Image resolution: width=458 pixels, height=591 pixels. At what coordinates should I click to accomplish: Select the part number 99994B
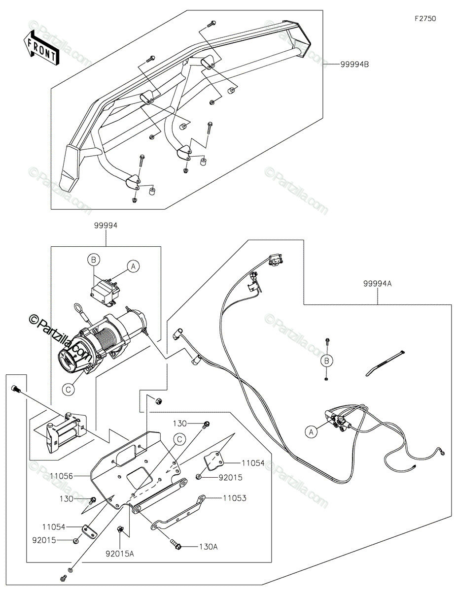pyautogui.click(x=354, y=65)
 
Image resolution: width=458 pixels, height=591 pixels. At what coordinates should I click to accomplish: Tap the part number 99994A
pyautogui.click(x=378, y=283)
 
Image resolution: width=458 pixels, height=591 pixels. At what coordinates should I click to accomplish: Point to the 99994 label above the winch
pyautogui.click(x=106, y=226)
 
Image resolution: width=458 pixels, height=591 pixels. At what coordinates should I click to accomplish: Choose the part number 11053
pyautogui.click(x=234, y=498)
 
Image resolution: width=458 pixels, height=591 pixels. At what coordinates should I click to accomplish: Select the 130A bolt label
pyautogui.click(x=208, y=546)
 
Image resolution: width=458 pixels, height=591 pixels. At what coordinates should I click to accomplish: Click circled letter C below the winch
pyautogui.click(x=69, y=390)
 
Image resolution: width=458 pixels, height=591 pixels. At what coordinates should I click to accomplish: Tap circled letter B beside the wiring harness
pyautogui.click(x=326, y=361)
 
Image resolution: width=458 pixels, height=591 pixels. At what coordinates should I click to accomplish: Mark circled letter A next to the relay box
pyautogui.click(x=133, y=266)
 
